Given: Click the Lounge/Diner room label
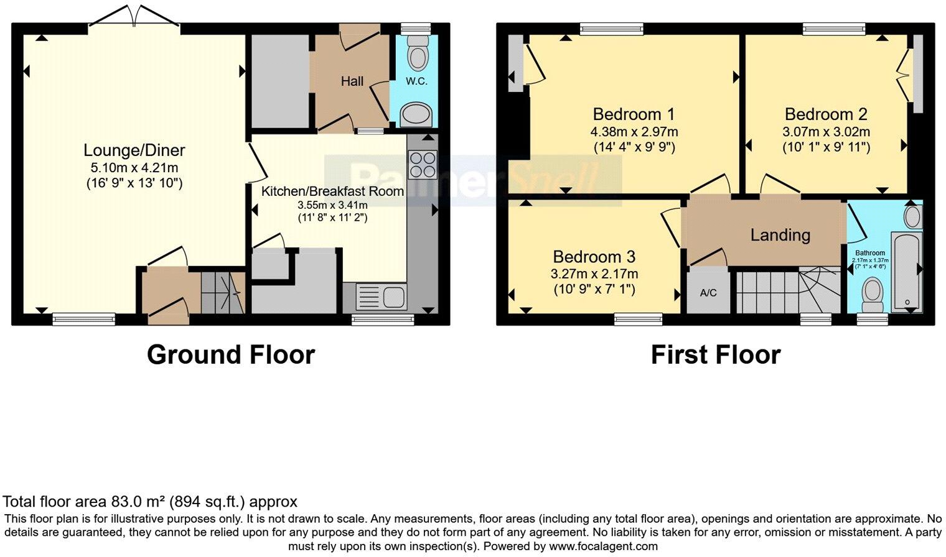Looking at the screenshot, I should tap(134, 150).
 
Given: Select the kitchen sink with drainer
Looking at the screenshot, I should tap(381, 297).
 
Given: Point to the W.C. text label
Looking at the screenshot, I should tap(416, 81).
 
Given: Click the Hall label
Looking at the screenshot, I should tap(352, 81).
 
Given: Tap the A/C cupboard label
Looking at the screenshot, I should tap(708, 293).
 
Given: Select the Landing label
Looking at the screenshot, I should tap(780, 235).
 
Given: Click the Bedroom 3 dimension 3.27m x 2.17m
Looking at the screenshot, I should tap(594, 274).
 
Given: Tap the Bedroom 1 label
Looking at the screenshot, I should tap(634, 114).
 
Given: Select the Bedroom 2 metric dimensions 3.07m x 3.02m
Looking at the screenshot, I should tap(826, 132).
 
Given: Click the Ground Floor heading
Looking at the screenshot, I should tap(231, 355).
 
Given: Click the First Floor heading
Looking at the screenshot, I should tap(715, 355).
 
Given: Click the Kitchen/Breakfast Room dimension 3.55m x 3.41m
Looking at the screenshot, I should tap(332, 205).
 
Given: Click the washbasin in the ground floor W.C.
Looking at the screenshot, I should tap(416, 115).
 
